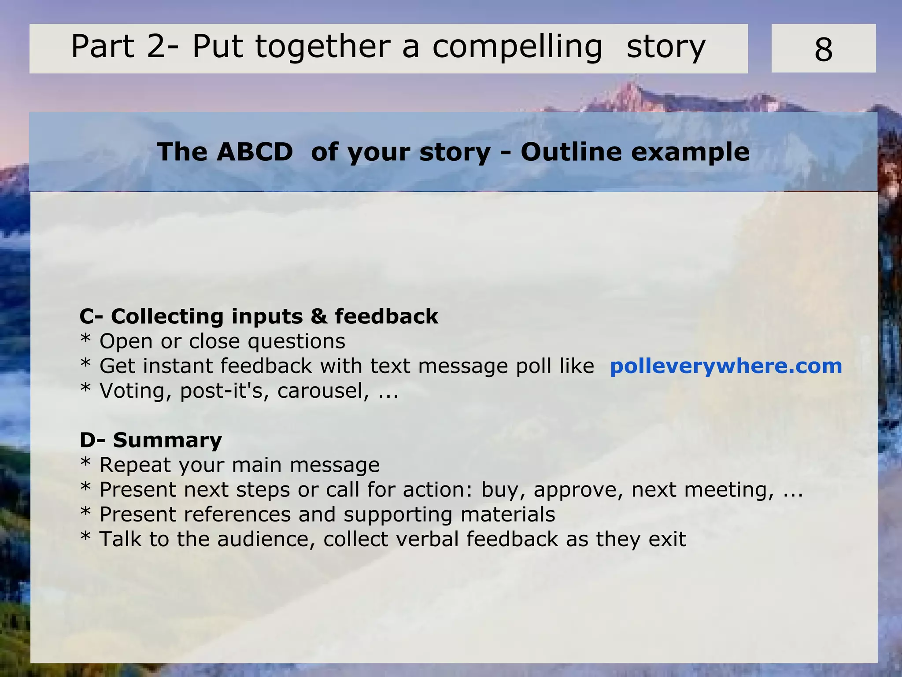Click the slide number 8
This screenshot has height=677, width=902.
point(823,49)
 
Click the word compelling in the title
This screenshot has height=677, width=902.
point(517,47)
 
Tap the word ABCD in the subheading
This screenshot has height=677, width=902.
point(255,152)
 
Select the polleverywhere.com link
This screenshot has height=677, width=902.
point(726,366)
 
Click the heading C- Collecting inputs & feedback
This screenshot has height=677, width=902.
point(259,316)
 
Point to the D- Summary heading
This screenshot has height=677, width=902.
point(151,440)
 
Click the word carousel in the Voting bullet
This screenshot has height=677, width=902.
point(323,391)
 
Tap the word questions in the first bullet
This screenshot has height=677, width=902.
point(296,341)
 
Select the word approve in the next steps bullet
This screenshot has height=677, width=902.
point(578,490)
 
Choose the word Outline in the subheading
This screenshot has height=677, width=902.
point(571,152)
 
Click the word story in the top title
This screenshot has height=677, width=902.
point(665,47)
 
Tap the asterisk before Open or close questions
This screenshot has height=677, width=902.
point(85,340)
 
